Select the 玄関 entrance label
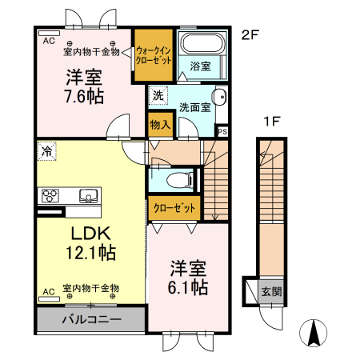[x=270, y=291]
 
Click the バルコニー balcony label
[x=90, y=320]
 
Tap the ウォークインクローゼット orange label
[x=152, y=54]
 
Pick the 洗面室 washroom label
[x=194, y=106]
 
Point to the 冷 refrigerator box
[x=47, y=150]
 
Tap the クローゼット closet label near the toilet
[x=174, y=208]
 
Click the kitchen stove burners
[x=51, y=195]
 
